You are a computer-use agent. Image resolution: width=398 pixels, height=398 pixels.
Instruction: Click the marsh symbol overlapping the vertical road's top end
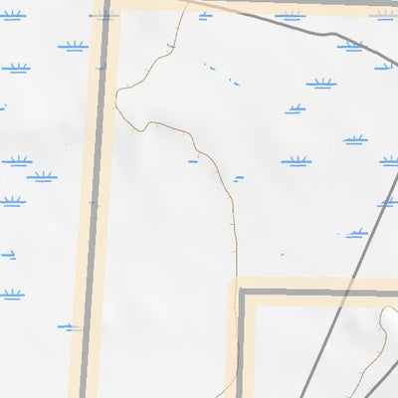click(103, 15)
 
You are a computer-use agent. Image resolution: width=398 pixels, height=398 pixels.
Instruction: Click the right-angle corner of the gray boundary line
click(242, 294)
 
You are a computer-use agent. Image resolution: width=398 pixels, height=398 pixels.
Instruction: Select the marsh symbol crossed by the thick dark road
click(349, 46)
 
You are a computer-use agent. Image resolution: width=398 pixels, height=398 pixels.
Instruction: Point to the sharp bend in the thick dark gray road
click(336, 35)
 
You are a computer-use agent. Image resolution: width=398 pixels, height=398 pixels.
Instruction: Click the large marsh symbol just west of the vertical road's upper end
click(73, 46)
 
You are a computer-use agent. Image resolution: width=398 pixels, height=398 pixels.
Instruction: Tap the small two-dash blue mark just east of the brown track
click(238, 179)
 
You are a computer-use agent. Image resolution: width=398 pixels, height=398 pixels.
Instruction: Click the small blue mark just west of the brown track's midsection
click(193, 160)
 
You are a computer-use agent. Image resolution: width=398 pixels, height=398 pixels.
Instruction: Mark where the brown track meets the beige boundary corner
click(235, 284)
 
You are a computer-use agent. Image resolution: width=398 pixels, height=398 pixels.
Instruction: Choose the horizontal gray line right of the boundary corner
click(318, 294)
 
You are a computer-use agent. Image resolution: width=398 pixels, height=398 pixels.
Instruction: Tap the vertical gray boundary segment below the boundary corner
click(241, 348)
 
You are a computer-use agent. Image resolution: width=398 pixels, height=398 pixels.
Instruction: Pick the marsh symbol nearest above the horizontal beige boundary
click(355, 233)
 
